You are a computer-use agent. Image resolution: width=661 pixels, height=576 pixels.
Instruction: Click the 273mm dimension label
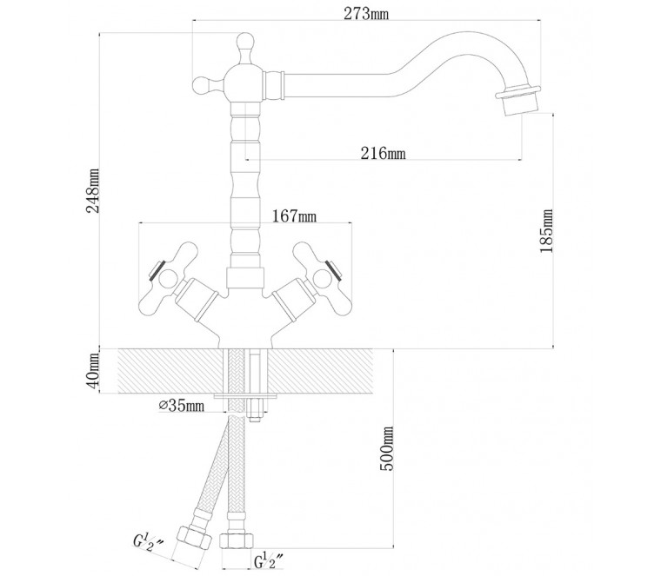[x=366, y=14]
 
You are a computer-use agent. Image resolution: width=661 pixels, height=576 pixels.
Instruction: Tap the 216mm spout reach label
[x=383, y=153]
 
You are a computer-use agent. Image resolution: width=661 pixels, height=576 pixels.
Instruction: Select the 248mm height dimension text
[x=93, y=191]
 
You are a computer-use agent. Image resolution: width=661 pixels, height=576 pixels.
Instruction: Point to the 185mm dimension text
[x=546, y=231]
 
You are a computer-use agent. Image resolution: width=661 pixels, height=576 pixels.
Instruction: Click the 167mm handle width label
[x=294, y=216]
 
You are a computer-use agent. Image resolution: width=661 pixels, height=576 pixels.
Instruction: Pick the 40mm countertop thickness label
[x=92, y=370]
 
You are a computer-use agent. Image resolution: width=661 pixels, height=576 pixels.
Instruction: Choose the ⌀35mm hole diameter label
[x=182, y=406]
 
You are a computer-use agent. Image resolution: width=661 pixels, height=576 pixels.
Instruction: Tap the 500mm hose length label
[x=386, y=448]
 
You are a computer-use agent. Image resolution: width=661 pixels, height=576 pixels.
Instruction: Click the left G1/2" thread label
[x=149, y=542]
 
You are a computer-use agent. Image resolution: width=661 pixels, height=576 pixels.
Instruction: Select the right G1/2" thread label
[x=268, y=560]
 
